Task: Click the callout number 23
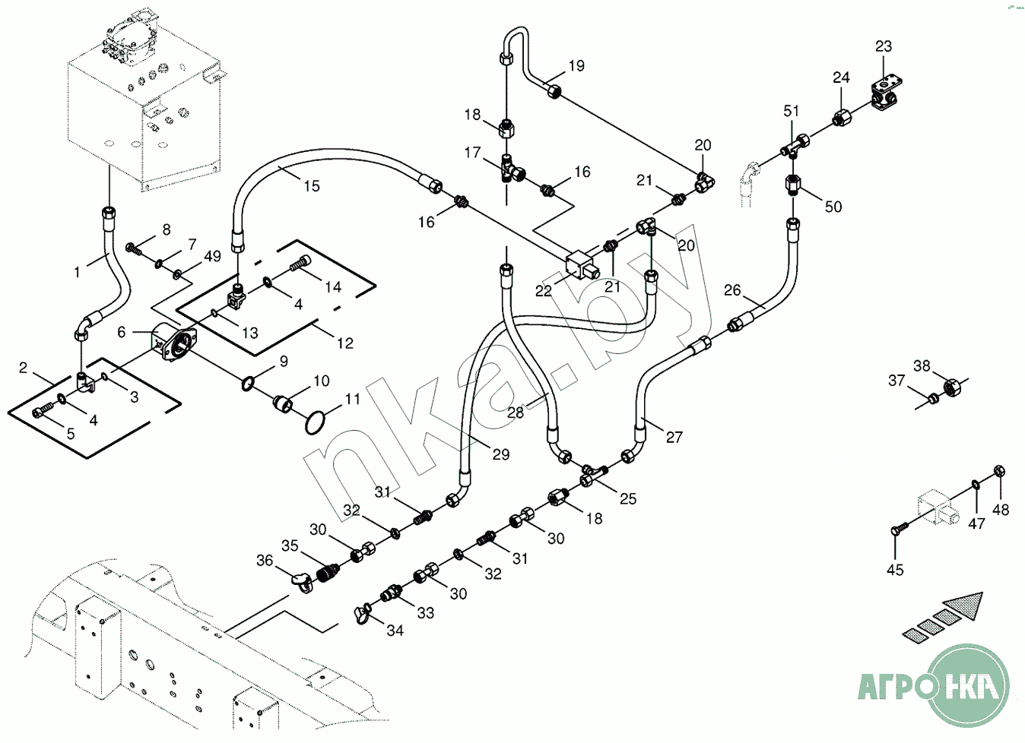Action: tap(883, 46)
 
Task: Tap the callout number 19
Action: tap(576, 66)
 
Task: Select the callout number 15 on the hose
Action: tap(312, 185)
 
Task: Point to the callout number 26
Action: tap(732, 290)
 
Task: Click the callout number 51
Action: tap(792, 111)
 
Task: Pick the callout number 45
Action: tap(895, 569)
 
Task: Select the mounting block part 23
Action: tap(887, 90)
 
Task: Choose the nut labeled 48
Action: tap(1001, 471)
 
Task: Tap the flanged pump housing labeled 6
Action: tap(173, 345)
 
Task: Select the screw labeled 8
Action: tap(134, 247)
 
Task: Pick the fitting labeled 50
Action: tap(792, 184)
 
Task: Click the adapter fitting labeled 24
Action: tap(839, 118)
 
